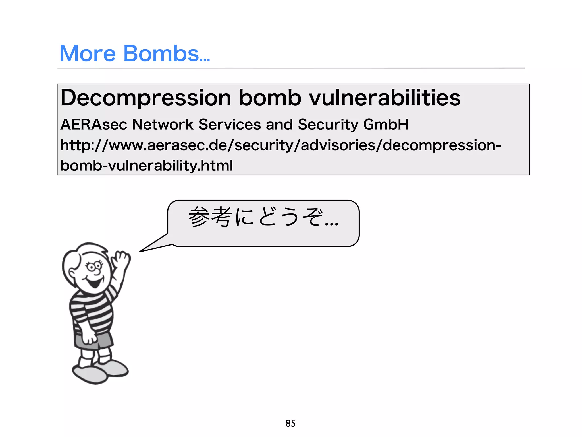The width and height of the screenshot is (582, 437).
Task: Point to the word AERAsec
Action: click(93, 125)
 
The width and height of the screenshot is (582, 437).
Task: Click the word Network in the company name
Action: click(163, 125)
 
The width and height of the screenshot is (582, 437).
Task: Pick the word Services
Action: click(230, 125)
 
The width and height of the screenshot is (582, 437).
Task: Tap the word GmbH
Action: click(386, 125)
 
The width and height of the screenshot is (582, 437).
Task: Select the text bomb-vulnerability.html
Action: click(146, 166)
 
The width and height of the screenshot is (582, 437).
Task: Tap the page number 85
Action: click(290, 423)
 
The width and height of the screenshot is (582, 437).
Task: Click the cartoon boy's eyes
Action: click(94, 267)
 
